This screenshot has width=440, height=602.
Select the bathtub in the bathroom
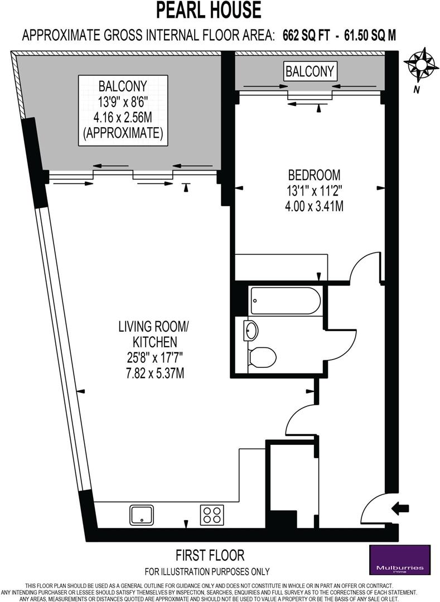point(286,301)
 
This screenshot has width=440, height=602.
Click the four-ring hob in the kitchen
point(212,514)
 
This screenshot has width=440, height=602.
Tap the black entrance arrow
point(400,508)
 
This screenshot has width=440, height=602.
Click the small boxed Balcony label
point(310,71)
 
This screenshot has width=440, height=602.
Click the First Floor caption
point(210,555)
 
